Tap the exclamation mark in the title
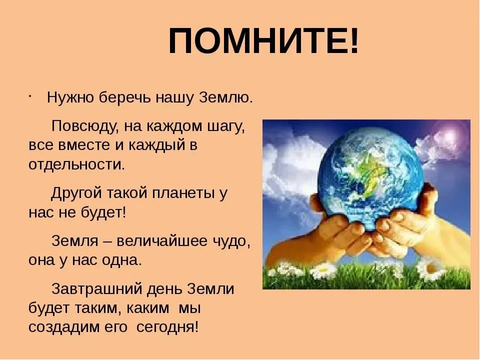354,41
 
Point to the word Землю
226,98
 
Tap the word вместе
84,145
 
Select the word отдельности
76,164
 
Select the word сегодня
167,327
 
